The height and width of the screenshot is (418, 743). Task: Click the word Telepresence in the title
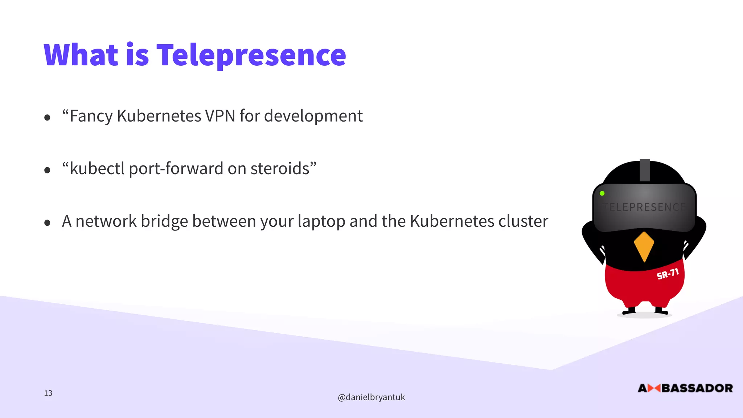point(251,55)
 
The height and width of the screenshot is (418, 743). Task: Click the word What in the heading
point(81,55)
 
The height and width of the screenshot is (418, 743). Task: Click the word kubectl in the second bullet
point(97,169)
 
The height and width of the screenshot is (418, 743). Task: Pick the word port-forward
point(176,169)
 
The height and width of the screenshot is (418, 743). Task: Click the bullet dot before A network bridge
point(47,223)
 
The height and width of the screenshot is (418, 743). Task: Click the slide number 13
point(48,393)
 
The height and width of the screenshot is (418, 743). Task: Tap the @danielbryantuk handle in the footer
point(371,397)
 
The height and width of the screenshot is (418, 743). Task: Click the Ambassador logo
point(685,388)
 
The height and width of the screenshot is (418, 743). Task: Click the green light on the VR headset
point(602,193)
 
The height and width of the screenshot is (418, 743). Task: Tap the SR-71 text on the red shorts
point(668,274)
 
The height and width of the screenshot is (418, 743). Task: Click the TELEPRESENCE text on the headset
point(644,207)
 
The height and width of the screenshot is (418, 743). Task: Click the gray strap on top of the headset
point(645,170)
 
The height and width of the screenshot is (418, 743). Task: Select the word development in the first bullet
point(313,116)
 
